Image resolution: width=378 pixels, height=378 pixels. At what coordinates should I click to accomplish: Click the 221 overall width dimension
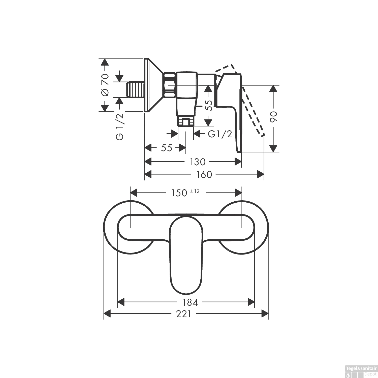tap(183, 314)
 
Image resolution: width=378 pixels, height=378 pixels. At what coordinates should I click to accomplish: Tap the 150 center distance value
tap(179, 193)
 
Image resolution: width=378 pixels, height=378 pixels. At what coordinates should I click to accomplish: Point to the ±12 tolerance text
tap(195, 191)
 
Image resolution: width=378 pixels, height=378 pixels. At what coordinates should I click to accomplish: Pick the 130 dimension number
tap(198, 162)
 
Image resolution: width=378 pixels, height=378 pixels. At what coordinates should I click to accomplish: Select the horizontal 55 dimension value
tap(167, 148)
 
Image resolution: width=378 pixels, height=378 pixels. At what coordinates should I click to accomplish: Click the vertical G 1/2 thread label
tap(120, 127)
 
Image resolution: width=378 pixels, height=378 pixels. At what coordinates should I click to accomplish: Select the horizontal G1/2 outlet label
tap(220, 134)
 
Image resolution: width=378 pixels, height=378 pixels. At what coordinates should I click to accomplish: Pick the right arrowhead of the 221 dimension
tap(265, 314)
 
